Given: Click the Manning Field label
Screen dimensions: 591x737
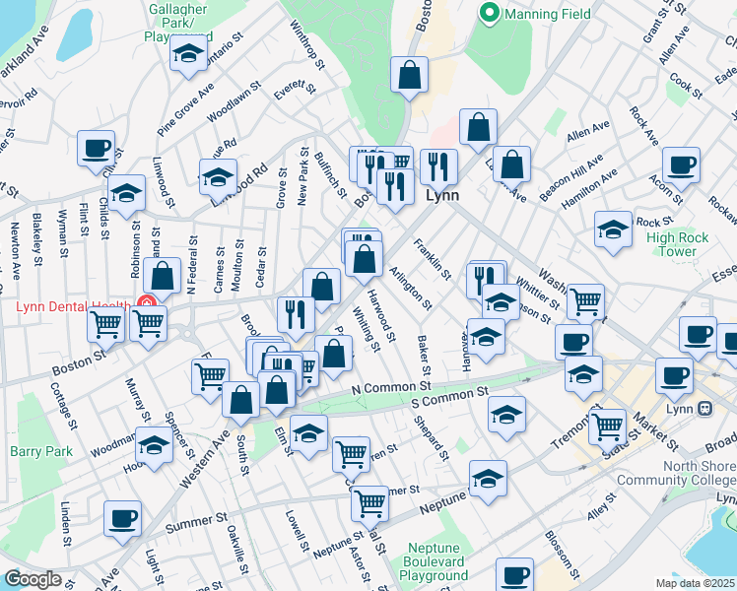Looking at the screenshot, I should (x=547, y=14).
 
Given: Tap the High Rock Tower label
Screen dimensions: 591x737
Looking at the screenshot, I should (x=677, y=244).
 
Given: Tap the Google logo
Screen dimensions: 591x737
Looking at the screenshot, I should (x=33, y=579).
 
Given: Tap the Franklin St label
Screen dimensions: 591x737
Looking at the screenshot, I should (x=432, y=258).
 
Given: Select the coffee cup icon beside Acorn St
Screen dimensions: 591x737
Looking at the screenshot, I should (x=680, y=164).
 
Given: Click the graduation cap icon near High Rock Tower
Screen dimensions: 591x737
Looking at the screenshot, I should (x=613, y=230).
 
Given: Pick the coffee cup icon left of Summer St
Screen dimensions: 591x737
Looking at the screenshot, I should (x=122, y=518).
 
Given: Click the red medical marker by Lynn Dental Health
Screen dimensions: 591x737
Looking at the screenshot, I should (x=148, y=306).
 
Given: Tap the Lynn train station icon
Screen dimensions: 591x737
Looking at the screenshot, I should (x=705, y=408).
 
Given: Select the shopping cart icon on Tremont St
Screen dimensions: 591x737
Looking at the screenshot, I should (x=607, y=427).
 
